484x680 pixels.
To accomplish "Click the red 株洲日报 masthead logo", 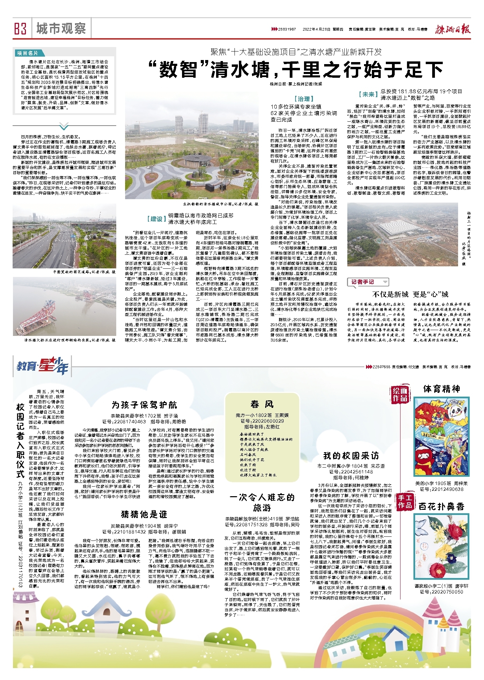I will pyautogui.click(x=453, y=29).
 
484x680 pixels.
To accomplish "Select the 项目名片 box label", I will pyautogui.click(x=28, y=53).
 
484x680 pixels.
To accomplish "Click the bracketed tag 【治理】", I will pyautogui.click(x=304, y=99).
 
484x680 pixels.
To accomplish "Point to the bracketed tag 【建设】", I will pyautogui.click(x=156, y=219).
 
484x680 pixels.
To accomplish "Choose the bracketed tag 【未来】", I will pyautogui.click(x=368, y=94).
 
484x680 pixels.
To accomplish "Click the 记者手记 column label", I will pyautogui.click(x=363, y=282).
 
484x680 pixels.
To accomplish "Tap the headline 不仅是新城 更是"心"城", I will pyautogui.click(x=410, y=294).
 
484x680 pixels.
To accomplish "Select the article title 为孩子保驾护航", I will pyautogui.click(x=144, y=405).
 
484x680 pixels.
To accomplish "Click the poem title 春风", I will pyautogui.click(x=262, y=404).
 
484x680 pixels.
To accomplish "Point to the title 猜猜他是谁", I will pyautogui.click(x=144, y=514).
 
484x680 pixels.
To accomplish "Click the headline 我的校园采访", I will pyautogui.click(x=351, y=456).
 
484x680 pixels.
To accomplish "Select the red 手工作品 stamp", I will pyautogui.click(x=405, y=502).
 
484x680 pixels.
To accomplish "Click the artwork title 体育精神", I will pyautogui.click(x=442, y=389).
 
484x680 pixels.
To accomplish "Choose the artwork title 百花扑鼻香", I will pyautogui.click(x=442, y=507).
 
